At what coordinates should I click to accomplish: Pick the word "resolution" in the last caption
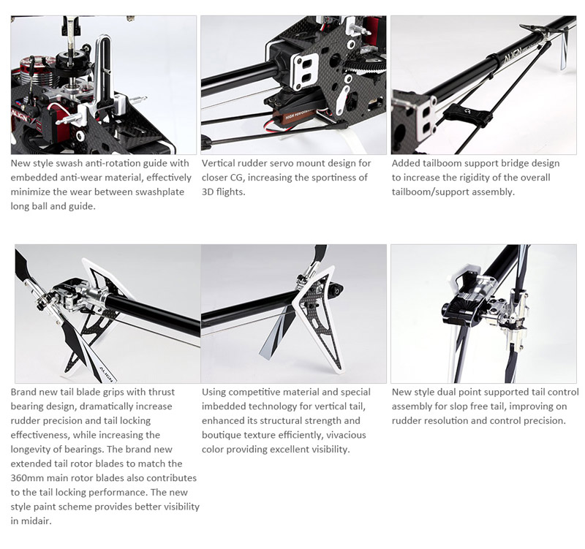click(x=445, y=420)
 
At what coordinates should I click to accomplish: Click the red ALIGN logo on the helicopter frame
click(x=19, y=115)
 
